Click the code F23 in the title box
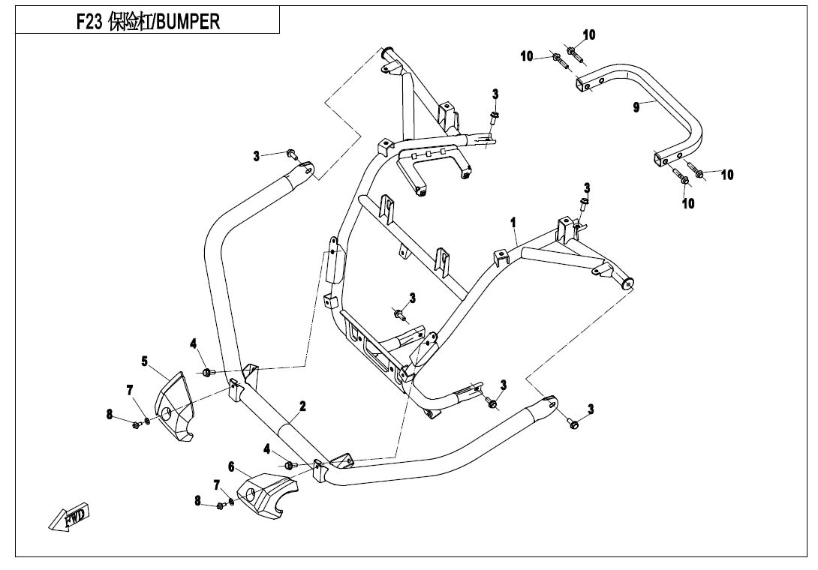click(91, 22)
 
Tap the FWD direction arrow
click(70, 517)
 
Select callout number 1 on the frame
click(513, 223)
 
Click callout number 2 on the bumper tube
click(302, 406)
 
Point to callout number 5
click(144, 361)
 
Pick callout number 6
click(232, 466)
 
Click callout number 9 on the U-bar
click(636, 108)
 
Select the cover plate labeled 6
click(267, 493)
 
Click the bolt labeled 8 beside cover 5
click(136, 424)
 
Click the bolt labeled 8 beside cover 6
click(221, 505)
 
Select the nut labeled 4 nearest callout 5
click(207, 372)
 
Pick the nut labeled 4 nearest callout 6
click(290, 466)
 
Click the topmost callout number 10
click(589, 34)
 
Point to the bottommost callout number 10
click(688, 203)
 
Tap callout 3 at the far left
click(257, 156)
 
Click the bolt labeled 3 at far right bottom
click(574, 424)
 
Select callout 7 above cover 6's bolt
click(217, 484)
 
